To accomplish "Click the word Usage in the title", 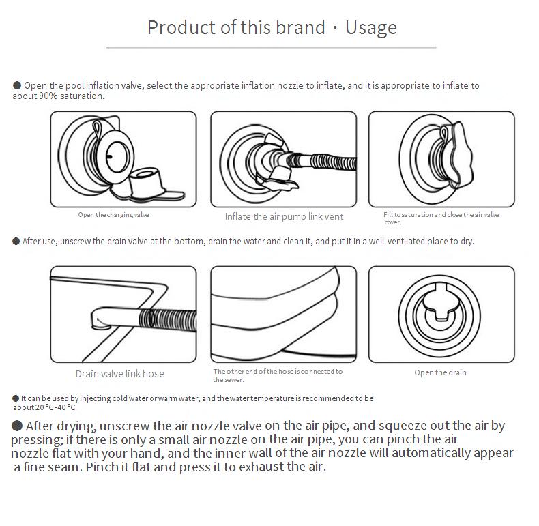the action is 371,28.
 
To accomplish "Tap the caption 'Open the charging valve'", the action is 113,215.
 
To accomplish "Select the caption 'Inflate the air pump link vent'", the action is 284,216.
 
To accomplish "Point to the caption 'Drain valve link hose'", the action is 119,374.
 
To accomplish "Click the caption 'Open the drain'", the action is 440,372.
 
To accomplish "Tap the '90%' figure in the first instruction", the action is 48,96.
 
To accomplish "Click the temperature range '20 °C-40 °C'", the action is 55,407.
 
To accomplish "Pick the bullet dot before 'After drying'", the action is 17,426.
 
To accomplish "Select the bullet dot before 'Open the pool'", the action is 17,85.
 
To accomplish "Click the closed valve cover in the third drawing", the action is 457,156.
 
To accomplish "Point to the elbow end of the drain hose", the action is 100,319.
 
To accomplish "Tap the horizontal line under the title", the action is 272,48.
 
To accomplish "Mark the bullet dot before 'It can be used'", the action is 16,398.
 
